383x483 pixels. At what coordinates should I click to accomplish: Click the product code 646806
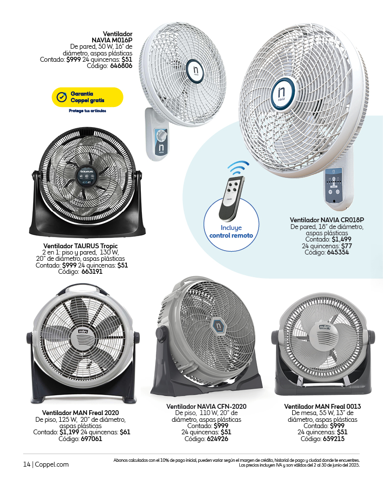(121, 66)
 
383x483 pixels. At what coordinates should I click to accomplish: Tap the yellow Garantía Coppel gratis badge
(87, 97)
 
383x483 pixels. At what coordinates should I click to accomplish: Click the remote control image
(232, 199)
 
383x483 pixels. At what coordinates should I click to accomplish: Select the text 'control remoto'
(231, 235)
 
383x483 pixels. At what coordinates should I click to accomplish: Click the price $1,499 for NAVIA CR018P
(342, 240)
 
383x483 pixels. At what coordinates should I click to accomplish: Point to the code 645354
(338, 252)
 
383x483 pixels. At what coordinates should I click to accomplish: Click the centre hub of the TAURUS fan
(87, 175)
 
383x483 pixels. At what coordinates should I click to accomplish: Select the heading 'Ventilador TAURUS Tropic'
(81, 246)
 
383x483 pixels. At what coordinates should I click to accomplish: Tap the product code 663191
(92, 271)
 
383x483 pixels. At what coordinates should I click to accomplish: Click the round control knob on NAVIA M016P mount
(162, 135)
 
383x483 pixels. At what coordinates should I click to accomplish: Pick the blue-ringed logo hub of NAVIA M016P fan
(196, 71)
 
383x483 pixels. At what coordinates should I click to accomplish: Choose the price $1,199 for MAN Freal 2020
(69, 432)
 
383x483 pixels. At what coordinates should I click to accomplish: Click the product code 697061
(92, 439)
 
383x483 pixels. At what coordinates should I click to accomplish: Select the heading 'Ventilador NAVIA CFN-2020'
(206, 407)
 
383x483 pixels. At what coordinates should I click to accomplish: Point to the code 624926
(218, 439)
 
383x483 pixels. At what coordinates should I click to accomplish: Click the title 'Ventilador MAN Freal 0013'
(322, 407)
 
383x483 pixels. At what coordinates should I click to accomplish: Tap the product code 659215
(334, 439)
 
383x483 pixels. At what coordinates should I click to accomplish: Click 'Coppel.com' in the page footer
(52, 465)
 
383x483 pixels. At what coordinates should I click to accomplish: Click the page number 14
(27, 465)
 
